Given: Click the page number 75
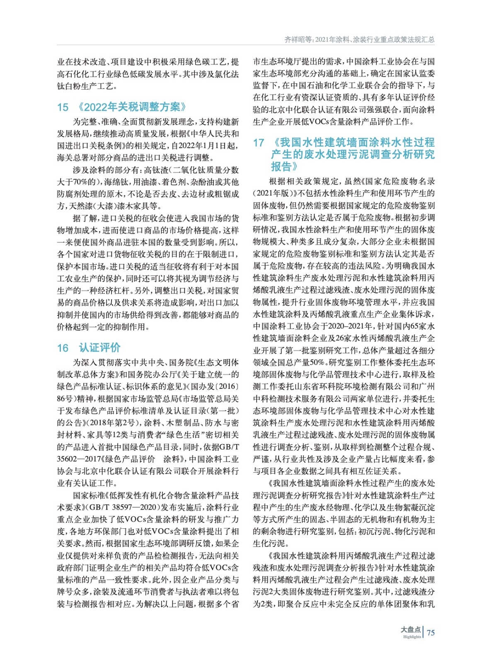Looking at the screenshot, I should pos(431,632).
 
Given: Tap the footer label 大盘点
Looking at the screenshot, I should pos(410,629).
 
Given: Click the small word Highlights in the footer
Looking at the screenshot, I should pos(412,637).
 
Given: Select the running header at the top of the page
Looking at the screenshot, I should pos(359,39).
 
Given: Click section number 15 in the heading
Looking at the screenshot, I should pos(63,107).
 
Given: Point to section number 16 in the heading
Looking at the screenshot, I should pos(63,348).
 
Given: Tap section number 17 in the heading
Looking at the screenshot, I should pos(259,143).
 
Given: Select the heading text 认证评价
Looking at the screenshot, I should pos(99,347).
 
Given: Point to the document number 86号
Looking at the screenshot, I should pos(65,398).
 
